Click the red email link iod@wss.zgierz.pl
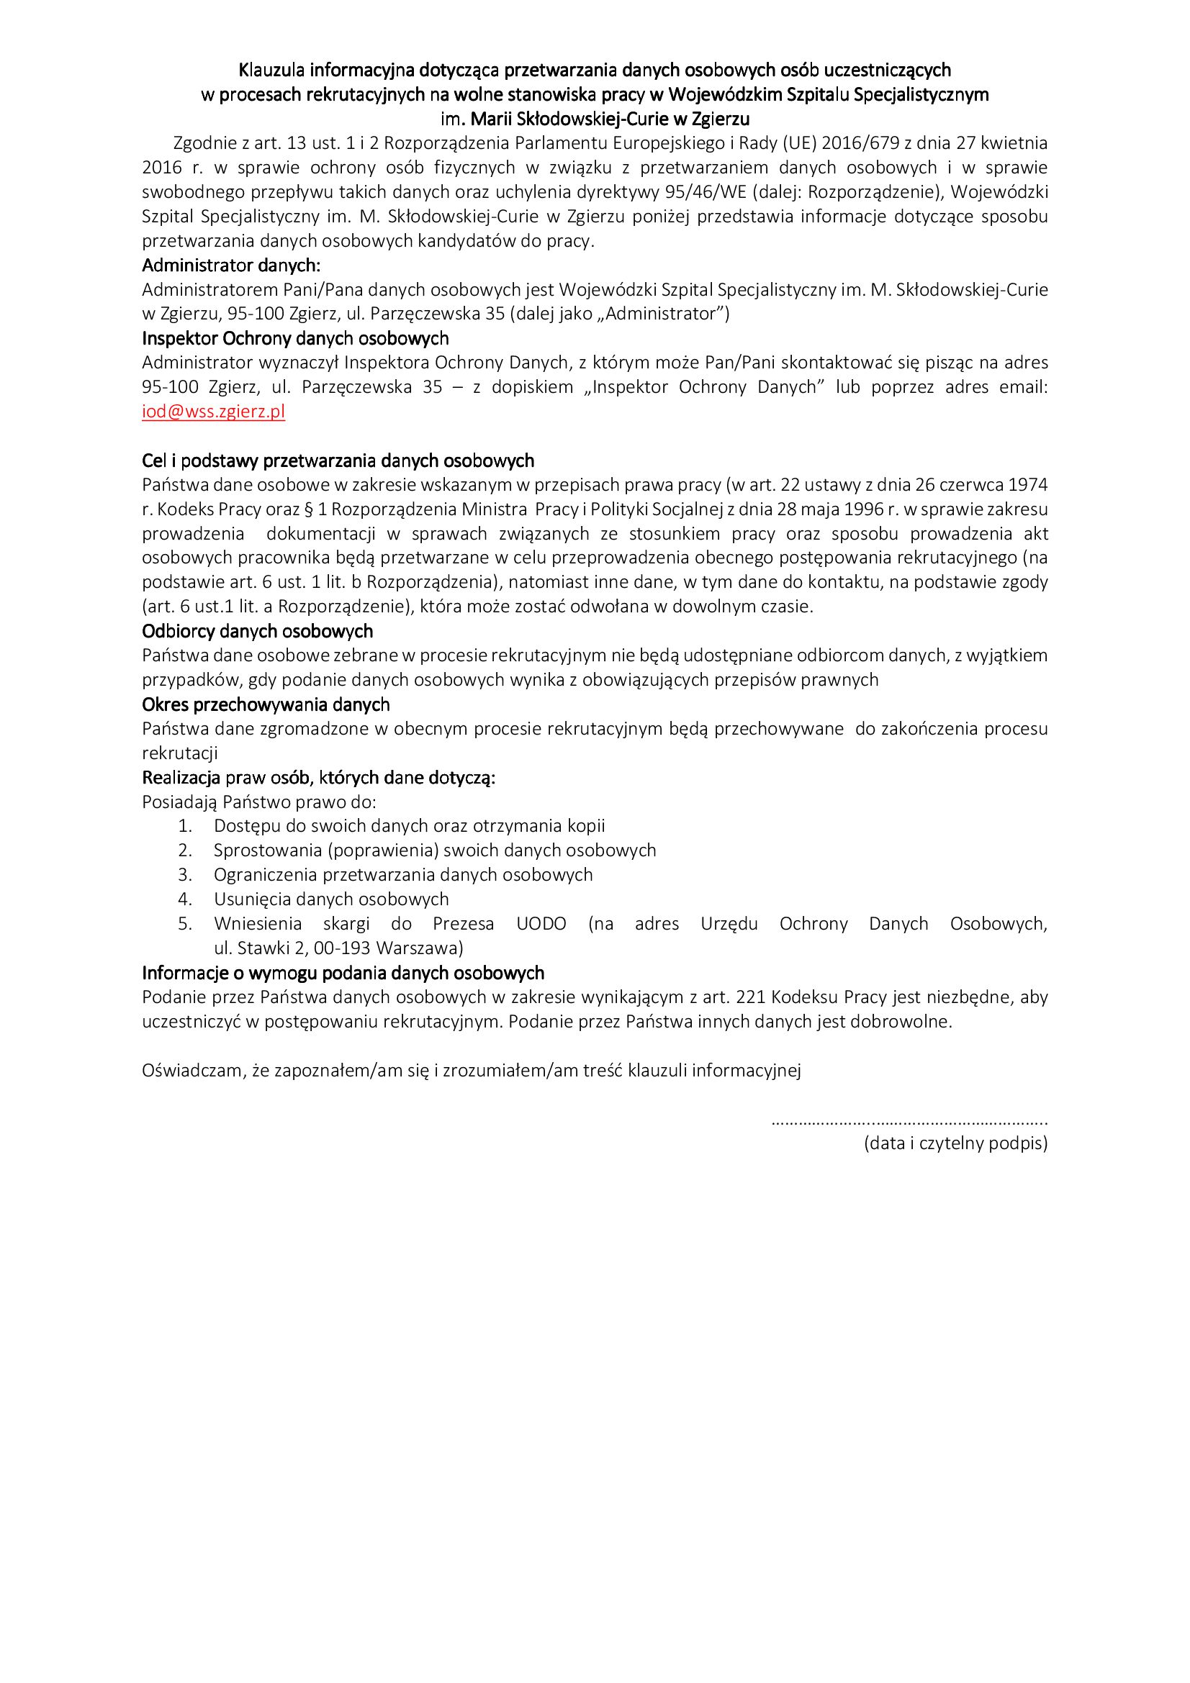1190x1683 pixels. pyautogui.click(x=213, y=412)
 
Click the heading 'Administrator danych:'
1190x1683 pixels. pyautogui.click(x=231, y=265)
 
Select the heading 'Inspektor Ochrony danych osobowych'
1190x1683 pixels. pyautogui.click(x=294, y=339)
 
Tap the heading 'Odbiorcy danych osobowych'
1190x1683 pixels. pyautogui.click(x=257, y=631)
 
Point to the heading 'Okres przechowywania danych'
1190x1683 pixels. pyautogui.click(x=266, y=704)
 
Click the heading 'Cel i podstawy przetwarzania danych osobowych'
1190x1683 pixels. pyautogui.click(x=338, y=461)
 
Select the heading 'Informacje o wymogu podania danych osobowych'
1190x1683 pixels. pyautogui.click(x=343, y=973)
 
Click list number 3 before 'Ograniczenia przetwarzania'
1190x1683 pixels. pyautogui.click(x=185, y=874)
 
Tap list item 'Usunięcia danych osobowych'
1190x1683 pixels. pyautogui.click(x=331, y=899)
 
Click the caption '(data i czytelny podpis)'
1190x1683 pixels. pyautogui.click(x=955, y=1143)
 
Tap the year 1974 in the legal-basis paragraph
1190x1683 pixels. pyautogui.click(x=1029, y=485)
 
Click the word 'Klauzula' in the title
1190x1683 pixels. pyautogui.click(x=273, y=71)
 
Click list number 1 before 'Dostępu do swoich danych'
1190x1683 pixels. pyautogui.click(x=185, y=826)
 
